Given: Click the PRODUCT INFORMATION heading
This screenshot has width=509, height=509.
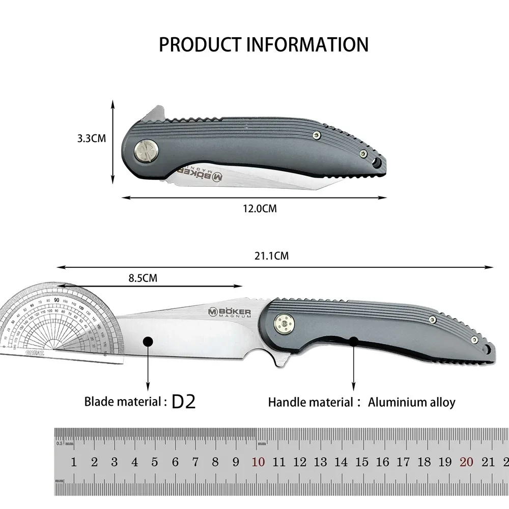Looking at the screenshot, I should [263, 44].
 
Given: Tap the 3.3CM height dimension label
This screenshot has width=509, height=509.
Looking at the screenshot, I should [92, 138].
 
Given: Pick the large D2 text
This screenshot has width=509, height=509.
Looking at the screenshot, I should [184, 402].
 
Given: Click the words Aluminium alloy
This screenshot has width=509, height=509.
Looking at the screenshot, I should [411, 402].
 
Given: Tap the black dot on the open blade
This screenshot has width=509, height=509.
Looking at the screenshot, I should [148, 342].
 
